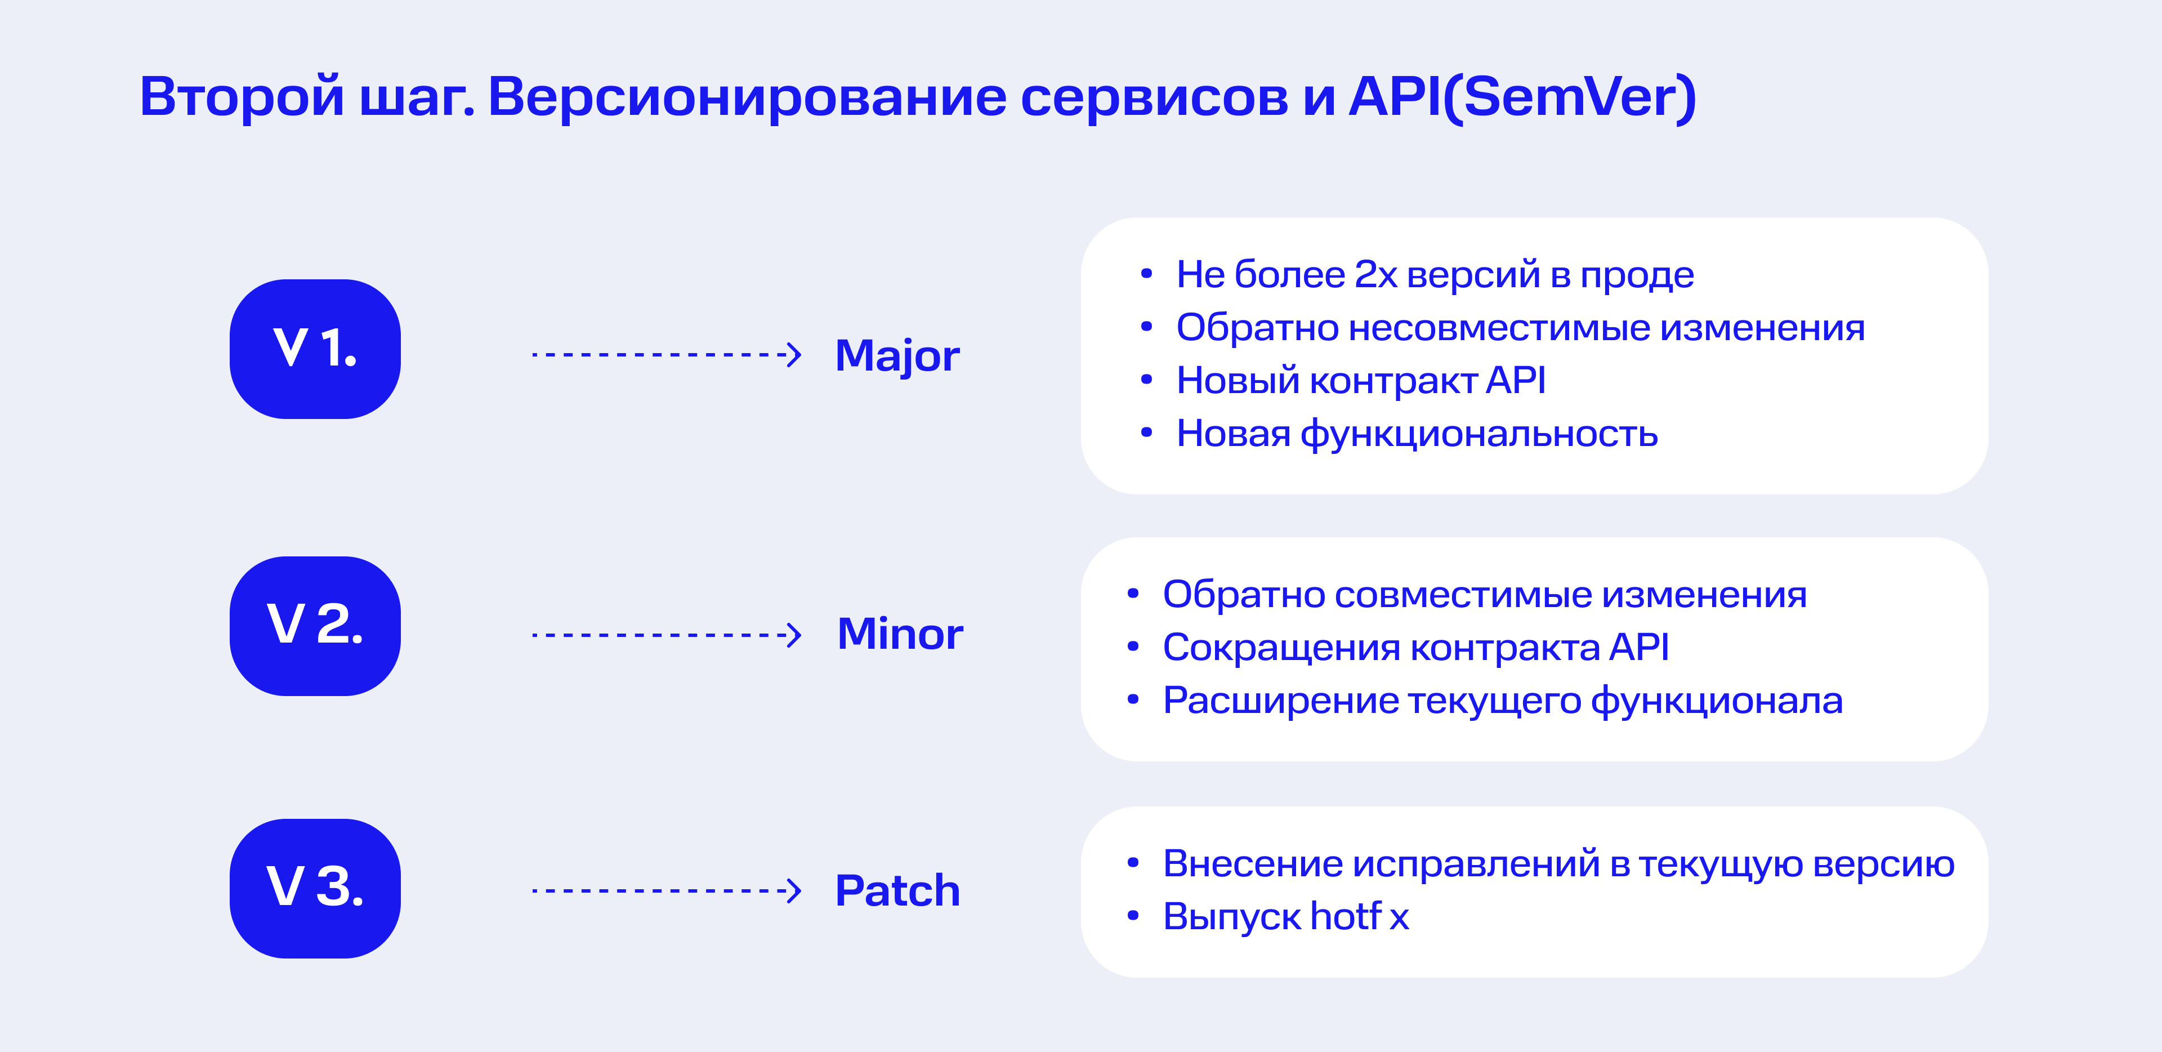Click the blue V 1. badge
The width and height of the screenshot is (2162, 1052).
tap(315, 349)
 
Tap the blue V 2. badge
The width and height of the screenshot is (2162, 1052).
tap(315, 626)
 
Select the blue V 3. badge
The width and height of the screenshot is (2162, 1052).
tap(315, 888)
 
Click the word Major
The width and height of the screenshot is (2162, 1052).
tap(897, 356)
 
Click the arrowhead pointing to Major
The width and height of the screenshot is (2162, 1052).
tap(794, 354)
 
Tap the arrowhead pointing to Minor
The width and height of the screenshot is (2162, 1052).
tap(794, 635)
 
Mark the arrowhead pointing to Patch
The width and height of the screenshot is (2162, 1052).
tap(794, 890)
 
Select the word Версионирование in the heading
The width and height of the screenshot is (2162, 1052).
tap(747, 96)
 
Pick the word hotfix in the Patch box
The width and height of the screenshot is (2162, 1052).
tap(1360, 916)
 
